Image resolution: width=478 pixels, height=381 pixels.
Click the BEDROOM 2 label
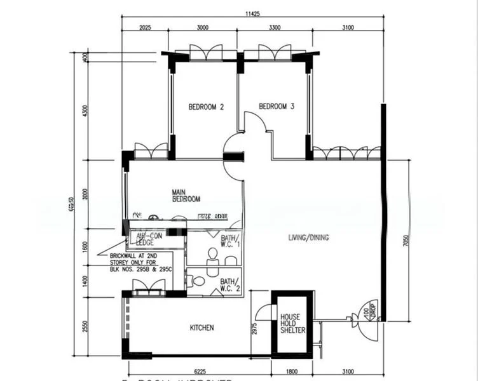coord(206,107)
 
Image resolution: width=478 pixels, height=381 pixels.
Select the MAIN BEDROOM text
coord(186,194)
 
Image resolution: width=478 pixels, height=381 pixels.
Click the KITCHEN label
coord(202,328)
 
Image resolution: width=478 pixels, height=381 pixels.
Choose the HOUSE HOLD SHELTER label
coord(293,323)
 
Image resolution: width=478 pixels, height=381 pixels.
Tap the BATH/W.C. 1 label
coord(230,241)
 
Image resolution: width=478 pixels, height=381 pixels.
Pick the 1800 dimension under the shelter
coord(292,371)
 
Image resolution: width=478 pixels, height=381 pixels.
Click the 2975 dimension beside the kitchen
coord(254,328)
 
